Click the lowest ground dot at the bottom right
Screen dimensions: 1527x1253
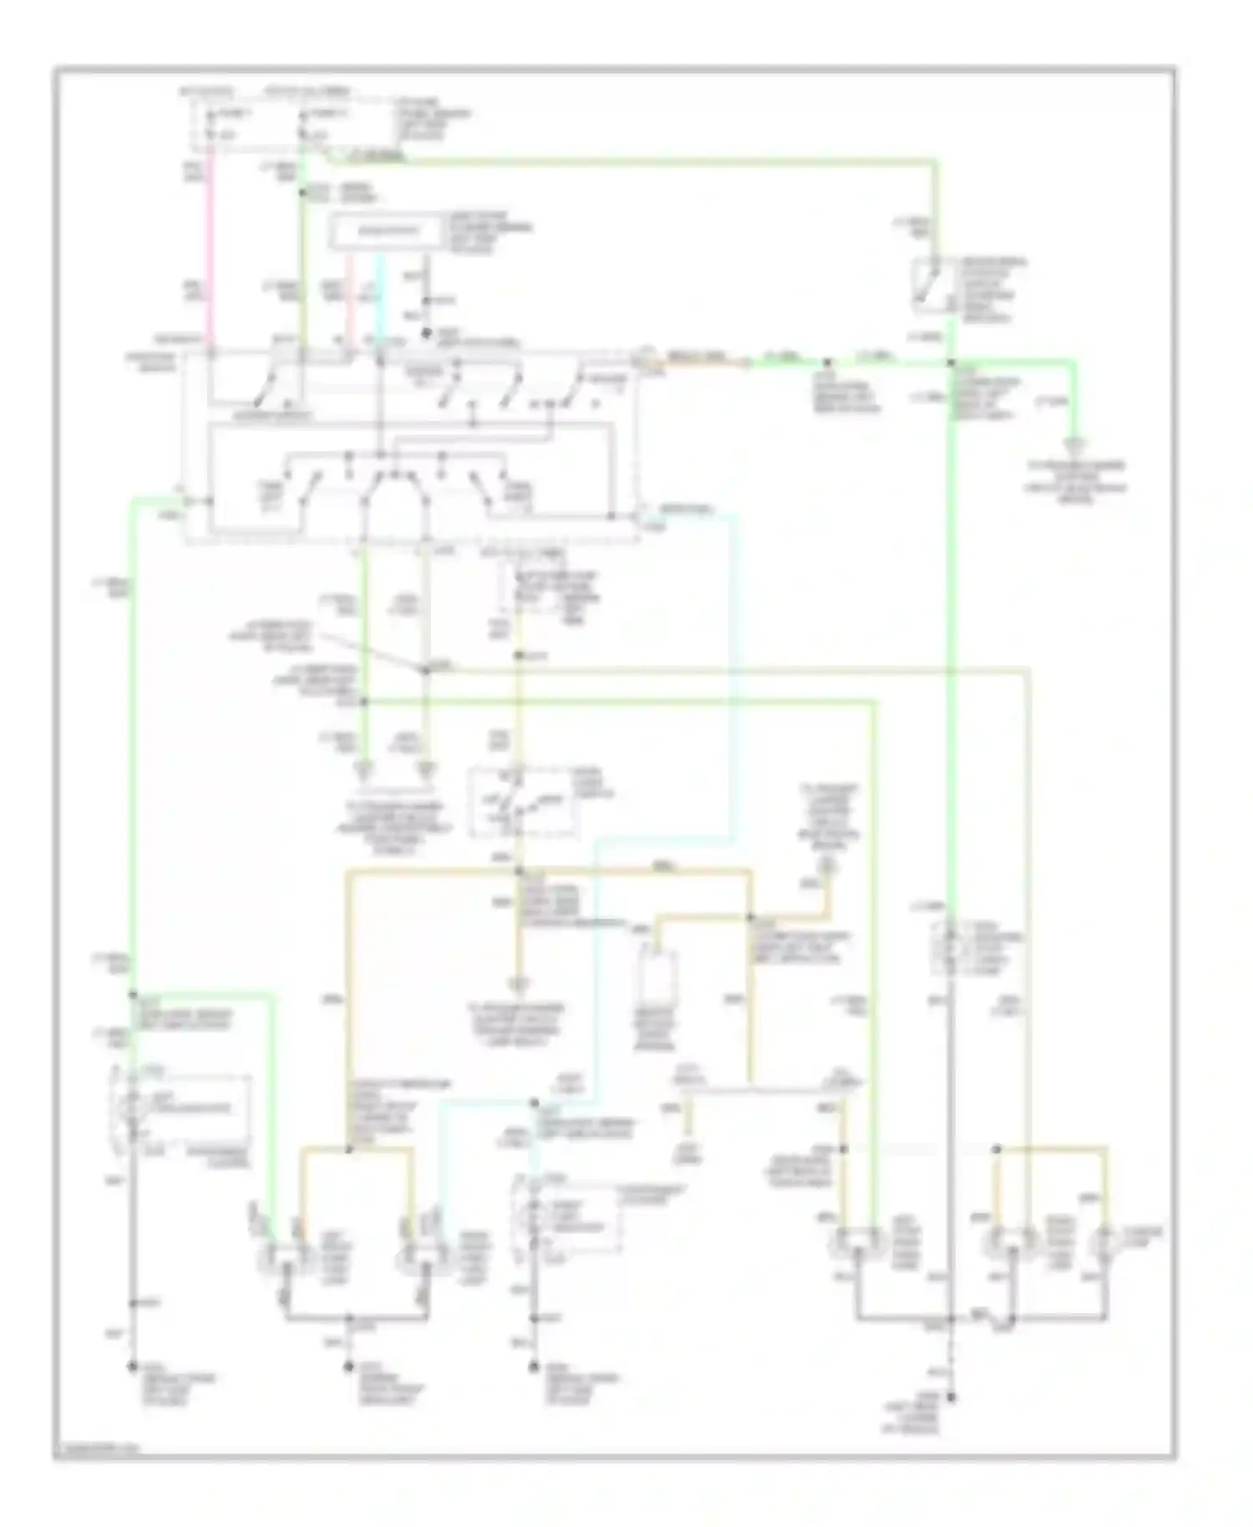point(951,1397)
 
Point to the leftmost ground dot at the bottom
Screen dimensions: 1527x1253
point(132,1367)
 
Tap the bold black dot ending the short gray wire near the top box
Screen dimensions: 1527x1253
point(426,333)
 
